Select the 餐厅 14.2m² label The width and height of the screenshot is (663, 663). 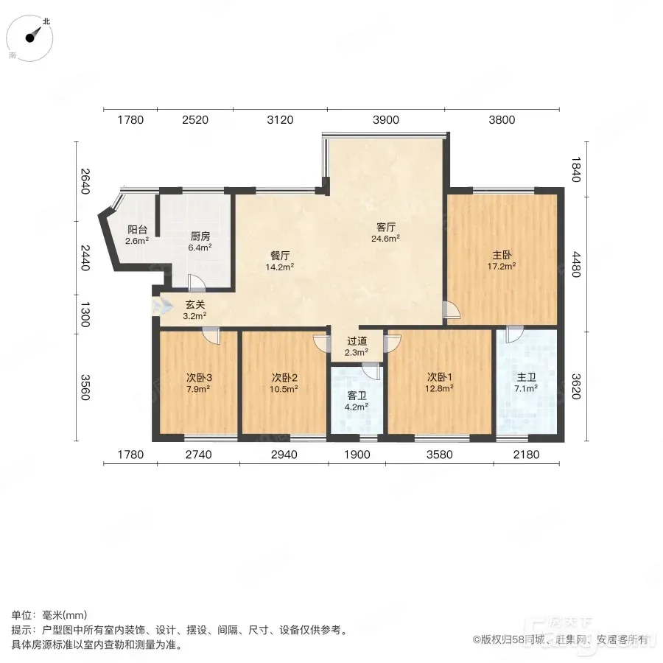tap(279, 261)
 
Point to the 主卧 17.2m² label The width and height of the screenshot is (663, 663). tap(502, 261)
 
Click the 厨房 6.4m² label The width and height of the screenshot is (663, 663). tap(200, 242)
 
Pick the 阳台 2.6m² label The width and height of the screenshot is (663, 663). tap(137, 235)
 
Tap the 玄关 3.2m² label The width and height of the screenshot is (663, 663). tap(195, 310)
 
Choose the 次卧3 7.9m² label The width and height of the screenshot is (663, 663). tap(199, 382)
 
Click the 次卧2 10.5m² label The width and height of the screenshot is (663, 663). tap(284, 382)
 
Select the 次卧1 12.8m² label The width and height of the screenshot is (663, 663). tap(439, 382)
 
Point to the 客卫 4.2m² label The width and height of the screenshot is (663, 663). tap(357, 401)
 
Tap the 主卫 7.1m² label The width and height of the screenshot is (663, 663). tap(526, 382)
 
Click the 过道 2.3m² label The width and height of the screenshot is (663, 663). tap(357, 346)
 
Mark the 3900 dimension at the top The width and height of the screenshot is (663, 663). tap(385, 120)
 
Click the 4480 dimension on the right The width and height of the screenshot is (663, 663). tap(576, 264)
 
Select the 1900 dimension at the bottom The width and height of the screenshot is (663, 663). tap(357, 455)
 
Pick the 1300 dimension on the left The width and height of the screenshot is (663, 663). tap(85, 314)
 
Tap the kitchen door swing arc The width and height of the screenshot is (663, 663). tap(197, 282)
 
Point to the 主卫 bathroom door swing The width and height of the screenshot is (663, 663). tap(515, 334)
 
